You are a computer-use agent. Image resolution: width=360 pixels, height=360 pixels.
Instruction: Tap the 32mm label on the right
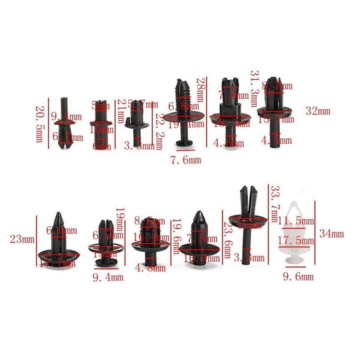(318, 111)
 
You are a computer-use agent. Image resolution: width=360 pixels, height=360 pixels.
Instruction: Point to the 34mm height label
(332, 234)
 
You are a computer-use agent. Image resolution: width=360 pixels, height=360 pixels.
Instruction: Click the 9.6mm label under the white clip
(298, 276)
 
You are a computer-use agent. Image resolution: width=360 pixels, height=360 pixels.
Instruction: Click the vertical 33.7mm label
(275, 203)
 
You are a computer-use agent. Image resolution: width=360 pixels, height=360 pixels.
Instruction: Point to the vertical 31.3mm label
(254, 89)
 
